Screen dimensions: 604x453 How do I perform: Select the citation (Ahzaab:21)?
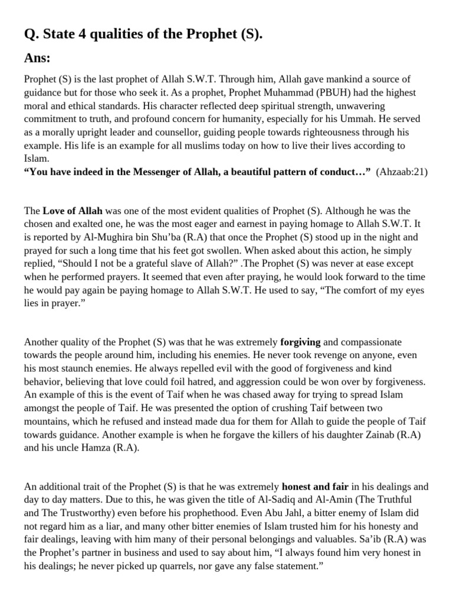[402, 172]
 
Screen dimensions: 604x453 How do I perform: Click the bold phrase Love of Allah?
[73, 211]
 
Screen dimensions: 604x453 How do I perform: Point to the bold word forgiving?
[300, 342]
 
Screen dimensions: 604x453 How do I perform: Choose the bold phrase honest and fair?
[316, 487]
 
